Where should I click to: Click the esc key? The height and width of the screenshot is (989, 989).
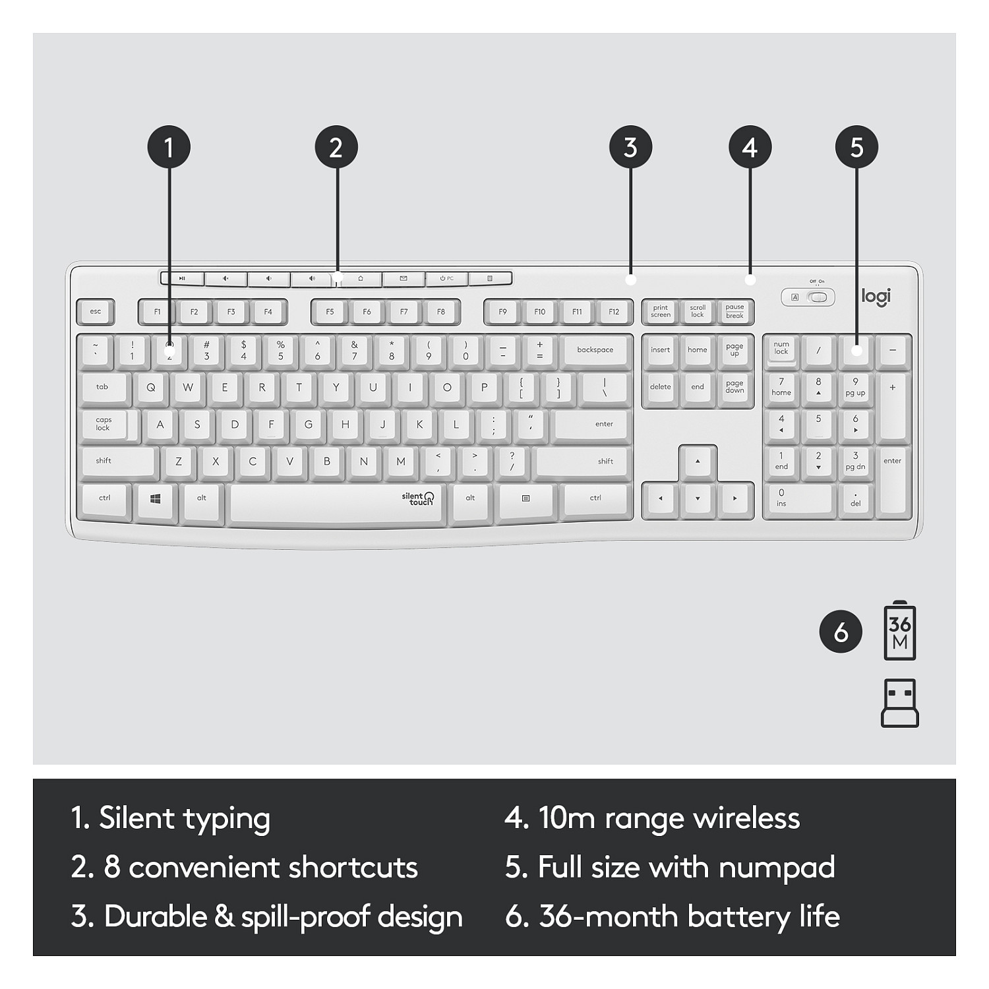pos(96,311)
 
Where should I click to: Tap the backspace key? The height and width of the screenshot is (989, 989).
pos(595,351)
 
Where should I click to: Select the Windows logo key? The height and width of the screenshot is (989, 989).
pos(156,499)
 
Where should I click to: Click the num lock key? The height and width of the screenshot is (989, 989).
pos(781,349)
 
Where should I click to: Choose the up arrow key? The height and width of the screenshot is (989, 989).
pos(698,462)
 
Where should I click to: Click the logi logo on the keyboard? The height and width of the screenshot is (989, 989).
pos(876,297)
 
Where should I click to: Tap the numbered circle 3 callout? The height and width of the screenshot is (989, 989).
pos(630,147)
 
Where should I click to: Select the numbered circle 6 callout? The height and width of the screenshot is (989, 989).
pos(841,632)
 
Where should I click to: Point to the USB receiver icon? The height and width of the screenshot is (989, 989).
pos(900,704)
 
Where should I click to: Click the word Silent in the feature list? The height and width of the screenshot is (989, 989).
pos(136,818)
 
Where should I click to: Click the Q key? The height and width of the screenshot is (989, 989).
pos(151,388)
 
